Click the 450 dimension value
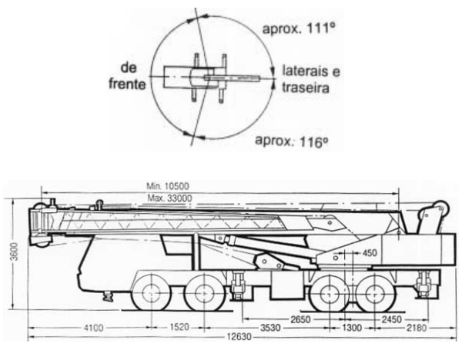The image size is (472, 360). [370, 255]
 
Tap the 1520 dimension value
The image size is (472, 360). [178, 327]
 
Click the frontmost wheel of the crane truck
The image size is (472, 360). [150, 293]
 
